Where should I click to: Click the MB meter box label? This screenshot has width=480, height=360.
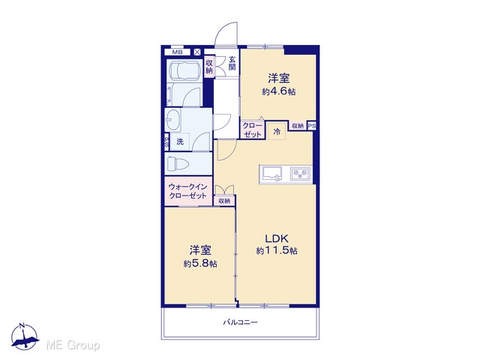click(177, 52)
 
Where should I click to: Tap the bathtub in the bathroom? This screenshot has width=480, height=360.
click(184, 70)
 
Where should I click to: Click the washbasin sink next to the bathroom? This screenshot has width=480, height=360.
click(173, 120)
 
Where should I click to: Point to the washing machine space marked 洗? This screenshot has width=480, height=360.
click(180, 142)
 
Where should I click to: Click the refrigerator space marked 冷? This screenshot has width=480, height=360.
click(277, 132)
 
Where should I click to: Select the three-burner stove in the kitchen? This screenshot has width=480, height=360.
click(300, 174)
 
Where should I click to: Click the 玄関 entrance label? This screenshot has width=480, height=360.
click(232, 64)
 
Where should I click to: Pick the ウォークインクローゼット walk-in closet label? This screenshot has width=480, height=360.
click(188, 191)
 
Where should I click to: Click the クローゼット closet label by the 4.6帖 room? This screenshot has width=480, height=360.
click(253, 130)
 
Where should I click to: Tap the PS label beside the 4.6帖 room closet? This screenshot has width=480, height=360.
click(312, 126)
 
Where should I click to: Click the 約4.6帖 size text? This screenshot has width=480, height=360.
click(278, 91)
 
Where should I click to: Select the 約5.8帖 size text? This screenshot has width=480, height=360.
click(200, 263)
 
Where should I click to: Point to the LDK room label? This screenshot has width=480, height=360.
click(277, 238)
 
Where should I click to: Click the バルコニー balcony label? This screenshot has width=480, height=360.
click(241, 322)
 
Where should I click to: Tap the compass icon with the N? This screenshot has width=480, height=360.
click(25, 337)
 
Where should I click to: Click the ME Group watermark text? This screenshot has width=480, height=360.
click(73, 345)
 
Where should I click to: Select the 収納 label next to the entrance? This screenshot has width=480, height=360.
click(209, 67)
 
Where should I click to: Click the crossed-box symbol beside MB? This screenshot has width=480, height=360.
click(197, 52)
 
